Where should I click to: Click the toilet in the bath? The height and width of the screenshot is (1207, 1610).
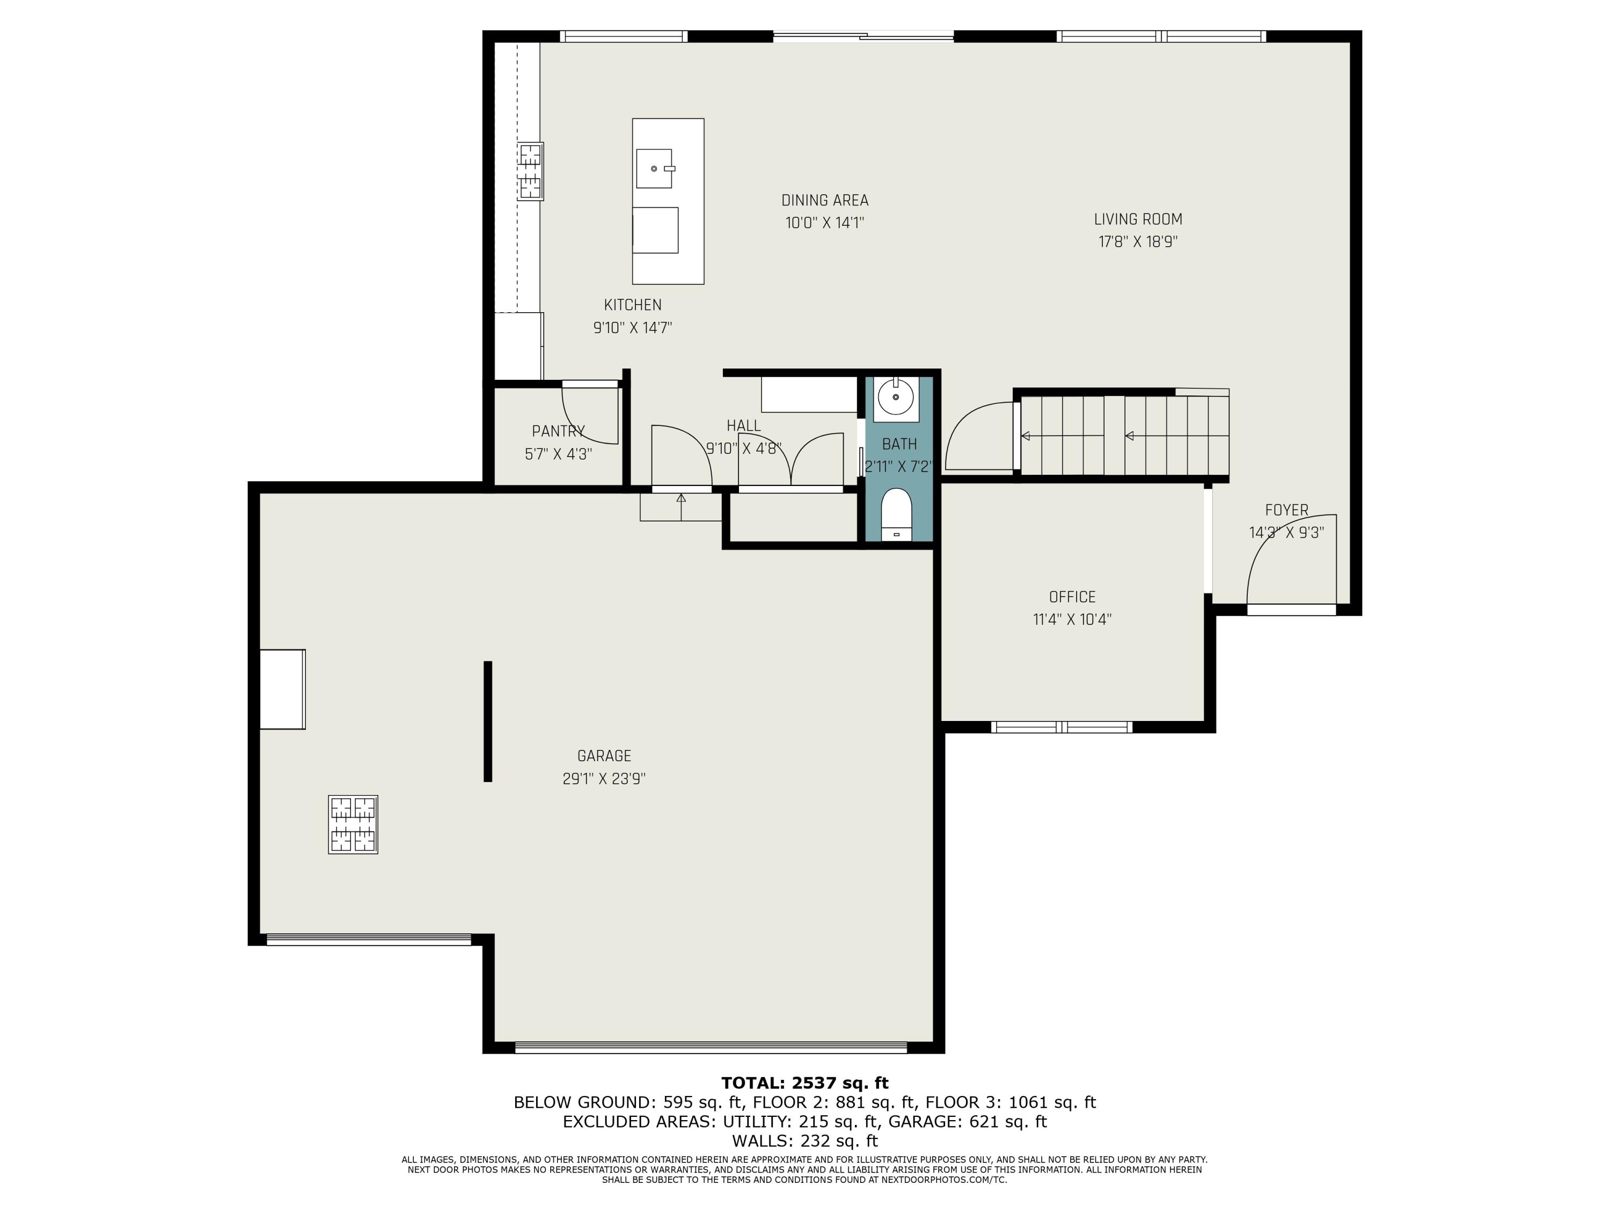click(896, 514)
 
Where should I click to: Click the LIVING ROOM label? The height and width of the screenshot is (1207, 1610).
click(1138, 219)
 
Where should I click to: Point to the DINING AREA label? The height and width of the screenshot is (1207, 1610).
click(825, 200)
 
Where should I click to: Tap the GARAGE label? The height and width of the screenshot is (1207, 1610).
click(604, 756)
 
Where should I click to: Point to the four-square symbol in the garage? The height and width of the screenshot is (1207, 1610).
click(353, 825)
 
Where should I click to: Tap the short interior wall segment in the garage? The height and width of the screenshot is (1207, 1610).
click(488, 722)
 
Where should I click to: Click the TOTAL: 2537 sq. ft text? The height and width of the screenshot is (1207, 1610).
click(805, 1083)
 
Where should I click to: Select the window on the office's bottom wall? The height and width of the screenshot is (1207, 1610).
click(1062, 726)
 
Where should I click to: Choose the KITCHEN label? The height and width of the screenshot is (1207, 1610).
click(633, 305)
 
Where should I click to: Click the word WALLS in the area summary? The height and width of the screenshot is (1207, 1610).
click(762, 1141)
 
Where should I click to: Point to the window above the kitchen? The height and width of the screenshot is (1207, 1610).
click(624, 36)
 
